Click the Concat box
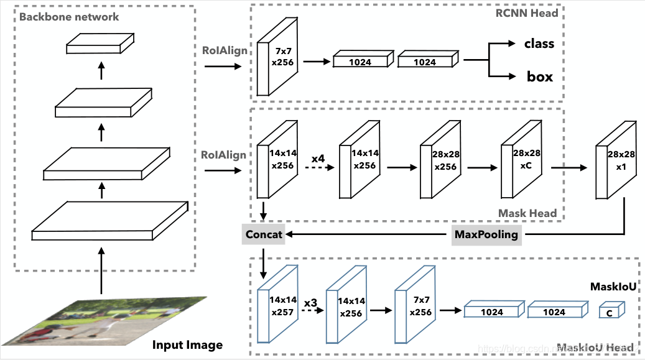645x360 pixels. [264, 234]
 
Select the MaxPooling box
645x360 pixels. [486, 234]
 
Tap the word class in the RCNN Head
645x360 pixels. [539, 44]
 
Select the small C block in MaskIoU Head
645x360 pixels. [611, 312]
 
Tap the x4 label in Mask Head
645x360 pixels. [318, 159]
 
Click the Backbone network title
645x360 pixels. [69, 17]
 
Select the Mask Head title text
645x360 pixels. [527, 213]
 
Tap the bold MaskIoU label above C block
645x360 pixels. [612, 287]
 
